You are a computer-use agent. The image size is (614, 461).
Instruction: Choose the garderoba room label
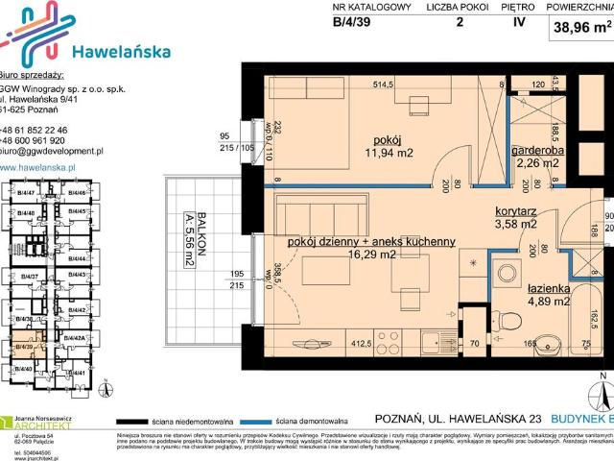click(x=536, y=150)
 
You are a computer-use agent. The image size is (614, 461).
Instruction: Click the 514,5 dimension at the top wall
click(x=384, y=85)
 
